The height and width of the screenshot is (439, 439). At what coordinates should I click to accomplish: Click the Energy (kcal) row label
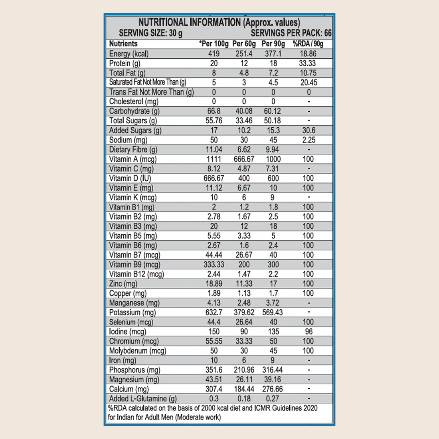coord(129,54)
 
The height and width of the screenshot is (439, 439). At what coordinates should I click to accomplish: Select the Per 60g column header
coord(244,44)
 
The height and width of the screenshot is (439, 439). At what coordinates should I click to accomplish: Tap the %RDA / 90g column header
coord(308,44)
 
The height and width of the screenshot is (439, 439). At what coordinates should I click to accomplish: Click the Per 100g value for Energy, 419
coord(214,54)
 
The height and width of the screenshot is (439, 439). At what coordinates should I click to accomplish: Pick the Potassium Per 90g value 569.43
coord(273,312)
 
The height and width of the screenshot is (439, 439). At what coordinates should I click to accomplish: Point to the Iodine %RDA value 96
coord(308,332)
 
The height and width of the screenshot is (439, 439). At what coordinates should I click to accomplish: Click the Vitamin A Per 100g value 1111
coord(214,159)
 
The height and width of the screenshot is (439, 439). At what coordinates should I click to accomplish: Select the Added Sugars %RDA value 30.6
coord(308,131)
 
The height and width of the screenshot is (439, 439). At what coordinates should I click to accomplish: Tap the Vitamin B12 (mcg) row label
coord(136,274)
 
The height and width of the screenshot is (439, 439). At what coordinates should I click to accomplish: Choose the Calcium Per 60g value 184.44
coord(244,389)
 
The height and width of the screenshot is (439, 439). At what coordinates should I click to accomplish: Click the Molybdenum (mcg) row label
coord(138,351)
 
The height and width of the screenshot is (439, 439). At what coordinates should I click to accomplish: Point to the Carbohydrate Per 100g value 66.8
coord(214,111)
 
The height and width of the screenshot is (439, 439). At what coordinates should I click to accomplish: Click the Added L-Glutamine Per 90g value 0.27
coord(273,399)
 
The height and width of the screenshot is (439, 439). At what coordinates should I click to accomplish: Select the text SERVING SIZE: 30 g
coord(150,33)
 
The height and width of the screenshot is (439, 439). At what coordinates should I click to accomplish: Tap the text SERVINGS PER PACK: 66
coord(291,33)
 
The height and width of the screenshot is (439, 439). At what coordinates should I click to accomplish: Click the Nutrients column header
coord(123,44)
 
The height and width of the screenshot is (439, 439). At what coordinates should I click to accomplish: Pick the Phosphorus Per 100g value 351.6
coord(214,370)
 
